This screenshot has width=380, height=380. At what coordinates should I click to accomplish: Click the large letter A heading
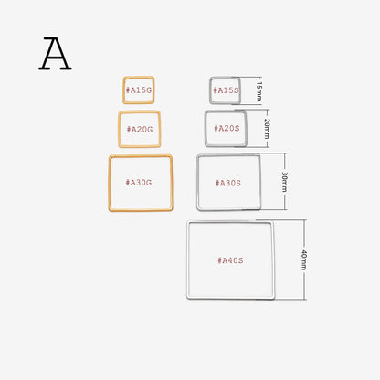55,54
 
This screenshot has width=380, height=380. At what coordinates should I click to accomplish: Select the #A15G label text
139,90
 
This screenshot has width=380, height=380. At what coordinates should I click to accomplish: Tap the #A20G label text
140,130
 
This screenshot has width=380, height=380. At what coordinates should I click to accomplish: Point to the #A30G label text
139,183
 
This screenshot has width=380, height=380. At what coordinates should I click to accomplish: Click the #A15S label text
226,90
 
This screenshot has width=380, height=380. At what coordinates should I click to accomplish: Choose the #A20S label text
227,128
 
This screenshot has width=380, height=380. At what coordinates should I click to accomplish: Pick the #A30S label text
228,183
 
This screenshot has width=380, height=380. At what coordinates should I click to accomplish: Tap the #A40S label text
230,260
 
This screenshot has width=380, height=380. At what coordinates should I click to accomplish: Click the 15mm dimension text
259,90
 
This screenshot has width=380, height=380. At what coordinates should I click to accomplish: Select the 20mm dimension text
267,129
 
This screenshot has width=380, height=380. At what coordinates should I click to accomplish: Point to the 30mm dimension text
285,182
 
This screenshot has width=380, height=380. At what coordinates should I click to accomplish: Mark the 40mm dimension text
304,259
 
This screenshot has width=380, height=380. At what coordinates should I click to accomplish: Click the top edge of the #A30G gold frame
141,156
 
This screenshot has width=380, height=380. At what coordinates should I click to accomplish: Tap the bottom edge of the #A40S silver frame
231,298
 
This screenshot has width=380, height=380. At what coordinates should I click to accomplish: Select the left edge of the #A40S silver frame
188,259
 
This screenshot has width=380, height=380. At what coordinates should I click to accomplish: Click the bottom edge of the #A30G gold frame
141,209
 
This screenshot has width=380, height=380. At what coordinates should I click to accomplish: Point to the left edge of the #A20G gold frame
120,129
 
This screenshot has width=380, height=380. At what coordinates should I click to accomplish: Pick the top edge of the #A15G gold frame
139,78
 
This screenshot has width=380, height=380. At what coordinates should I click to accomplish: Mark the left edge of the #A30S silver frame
198,182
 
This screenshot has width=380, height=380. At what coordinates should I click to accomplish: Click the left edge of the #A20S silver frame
206,129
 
